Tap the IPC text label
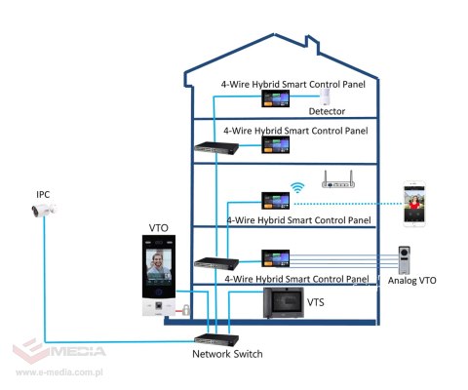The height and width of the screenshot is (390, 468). pyautogui.click(x=43, y=193)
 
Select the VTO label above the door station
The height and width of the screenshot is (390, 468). pyautogui.click(x=159, y=227)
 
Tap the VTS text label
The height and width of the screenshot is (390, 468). pyautogui.click(x=315, y=303)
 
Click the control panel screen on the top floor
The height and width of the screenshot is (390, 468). pyautogui.click(x=274, y=99)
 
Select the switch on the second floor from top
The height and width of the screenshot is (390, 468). pyautogui.click(x=210, y=147)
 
